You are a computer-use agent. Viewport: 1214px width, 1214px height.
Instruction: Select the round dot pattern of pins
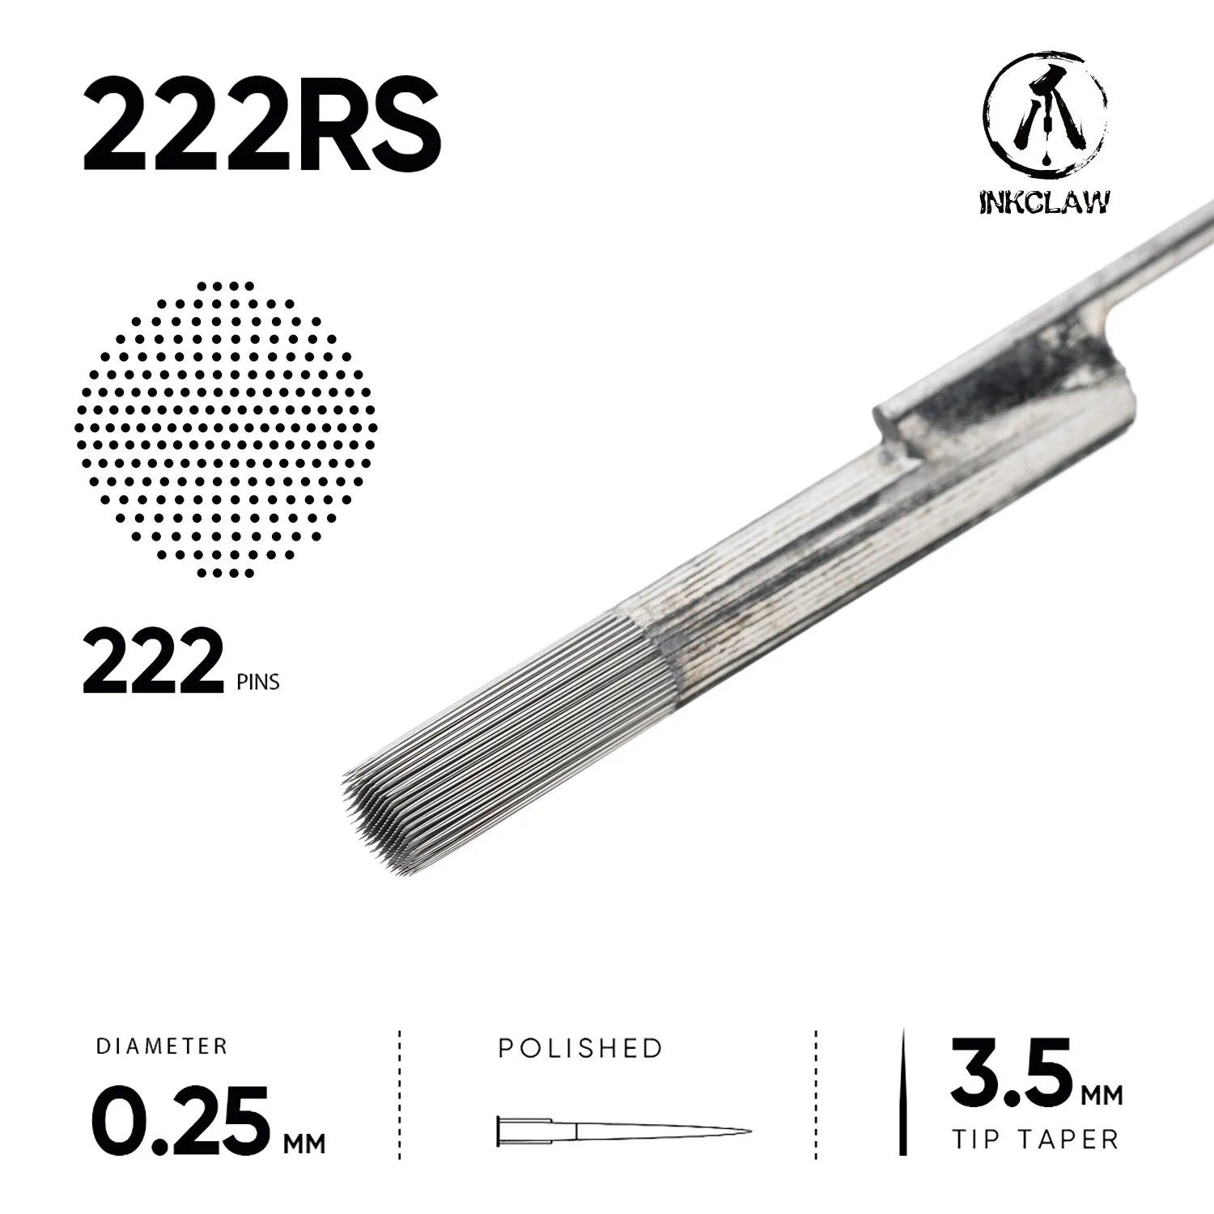[x=226, y=429]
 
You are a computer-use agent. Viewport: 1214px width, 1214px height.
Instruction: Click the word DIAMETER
[x=162, y=1046]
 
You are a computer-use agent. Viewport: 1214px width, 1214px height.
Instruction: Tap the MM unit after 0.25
[x=304, y=1143]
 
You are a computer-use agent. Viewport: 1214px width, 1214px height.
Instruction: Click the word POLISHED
[x=580, y=1048]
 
